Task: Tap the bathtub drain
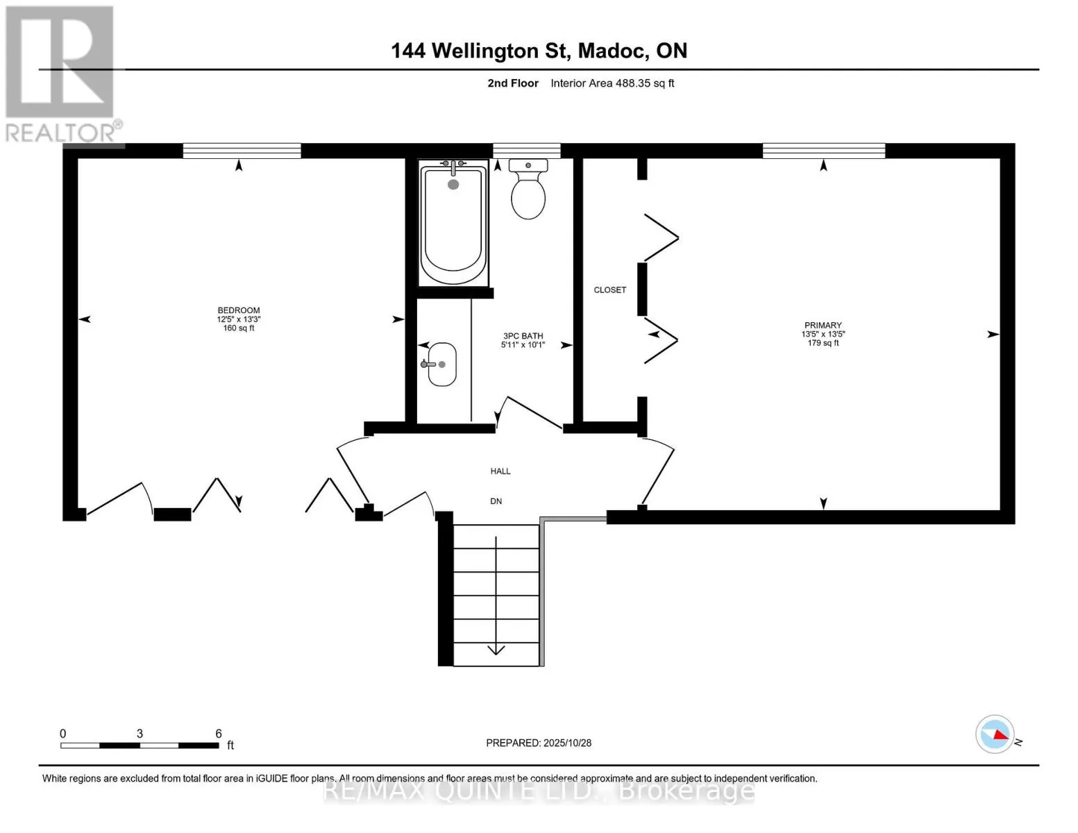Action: coord(453,185)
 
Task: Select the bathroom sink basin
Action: coord(442,364)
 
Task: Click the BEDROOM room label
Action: coord(239,310)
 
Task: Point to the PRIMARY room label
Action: coord(823,325)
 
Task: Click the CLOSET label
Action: coord(609,290)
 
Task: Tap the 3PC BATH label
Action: coord(523,336)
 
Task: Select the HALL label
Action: coord(500,471)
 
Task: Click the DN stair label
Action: coord(496,501)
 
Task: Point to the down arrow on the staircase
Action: coord(496,648)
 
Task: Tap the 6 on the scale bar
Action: coord(219,734)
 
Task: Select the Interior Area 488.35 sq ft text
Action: coord(612,83)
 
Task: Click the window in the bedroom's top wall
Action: coord(242,151)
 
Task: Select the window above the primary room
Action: coord(824,151)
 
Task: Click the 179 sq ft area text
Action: coord(823,343)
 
